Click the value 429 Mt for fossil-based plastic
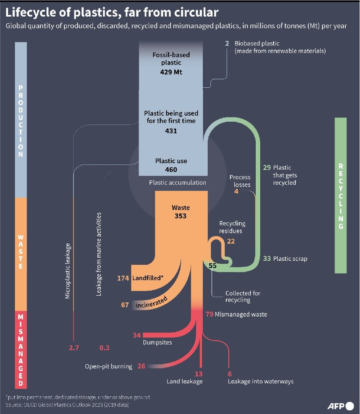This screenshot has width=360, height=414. coord(171,72)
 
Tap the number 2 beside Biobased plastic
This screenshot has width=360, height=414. coord(227,43)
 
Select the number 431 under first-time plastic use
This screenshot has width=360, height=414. coord(171,131)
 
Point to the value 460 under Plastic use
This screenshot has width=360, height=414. coord(171,170)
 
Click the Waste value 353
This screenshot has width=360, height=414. coord(180,216)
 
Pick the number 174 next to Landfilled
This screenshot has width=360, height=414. coord(123,278)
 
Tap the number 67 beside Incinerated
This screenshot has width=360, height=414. coord(125,305)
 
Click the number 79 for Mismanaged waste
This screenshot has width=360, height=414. coord(209,314)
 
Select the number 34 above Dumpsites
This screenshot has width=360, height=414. coord(137,335)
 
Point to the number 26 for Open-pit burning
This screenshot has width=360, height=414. coord(142,366)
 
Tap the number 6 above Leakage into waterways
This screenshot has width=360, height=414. coord(230,374)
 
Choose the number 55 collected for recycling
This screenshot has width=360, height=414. coord(213,266)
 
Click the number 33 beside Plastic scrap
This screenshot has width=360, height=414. coord(267,259)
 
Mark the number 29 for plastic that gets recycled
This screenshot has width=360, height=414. coord(267,168)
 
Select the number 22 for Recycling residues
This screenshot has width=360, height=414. coord(231,241)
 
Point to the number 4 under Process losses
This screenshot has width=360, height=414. coord(236,192)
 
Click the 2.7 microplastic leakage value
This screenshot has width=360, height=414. coord(74,348)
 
